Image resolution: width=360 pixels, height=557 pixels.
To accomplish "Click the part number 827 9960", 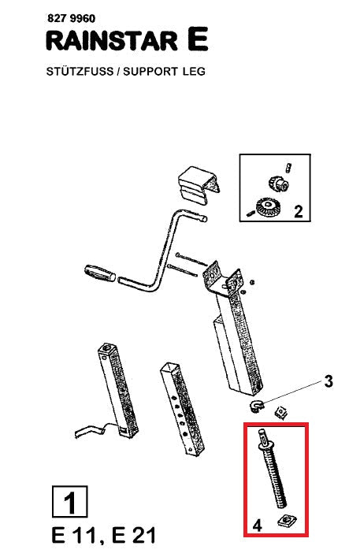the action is [x=71, y=18].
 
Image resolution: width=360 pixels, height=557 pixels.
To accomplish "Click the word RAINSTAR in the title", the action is [x=112, y=41].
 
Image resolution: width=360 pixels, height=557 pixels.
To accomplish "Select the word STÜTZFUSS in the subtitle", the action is [x=80, y=71].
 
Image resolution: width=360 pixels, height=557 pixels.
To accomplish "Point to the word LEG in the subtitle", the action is [x=194, y=72].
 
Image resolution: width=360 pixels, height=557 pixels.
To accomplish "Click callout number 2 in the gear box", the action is [x=299, y=211].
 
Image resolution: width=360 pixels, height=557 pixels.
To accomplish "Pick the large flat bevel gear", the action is [x=267, y=206].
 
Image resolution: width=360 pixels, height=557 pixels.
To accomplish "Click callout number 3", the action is [x=328, y=381].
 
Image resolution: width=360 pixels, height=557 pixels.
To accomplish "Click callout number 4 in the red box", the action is [x=257, y=525].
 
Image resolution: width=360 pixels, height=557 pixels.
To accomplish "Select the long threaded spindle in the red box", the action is [x=273, y=469].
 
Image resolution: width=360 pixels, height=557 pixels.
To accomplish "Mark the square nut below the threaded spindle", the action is [x=287, y=521].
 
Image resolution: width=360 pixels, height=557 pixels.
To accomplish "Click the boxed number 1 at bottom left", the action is [x=69, y=502].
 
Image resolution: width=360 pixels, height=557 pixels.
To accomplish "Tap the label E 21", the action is [x=133, y=536].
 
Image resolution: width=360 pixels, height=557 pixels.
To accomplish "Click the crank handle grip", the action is [x=100, y=273].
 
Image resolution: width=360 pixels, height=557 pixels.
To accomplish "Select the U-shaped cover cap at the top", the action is [x=198, y=186].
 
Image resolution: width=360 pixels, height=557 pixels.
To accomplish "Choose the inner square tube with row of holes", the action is [x=183, y=409].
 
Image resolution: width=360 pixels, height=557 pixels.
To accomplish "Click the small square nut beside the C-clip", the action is [x=281, y=413].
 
